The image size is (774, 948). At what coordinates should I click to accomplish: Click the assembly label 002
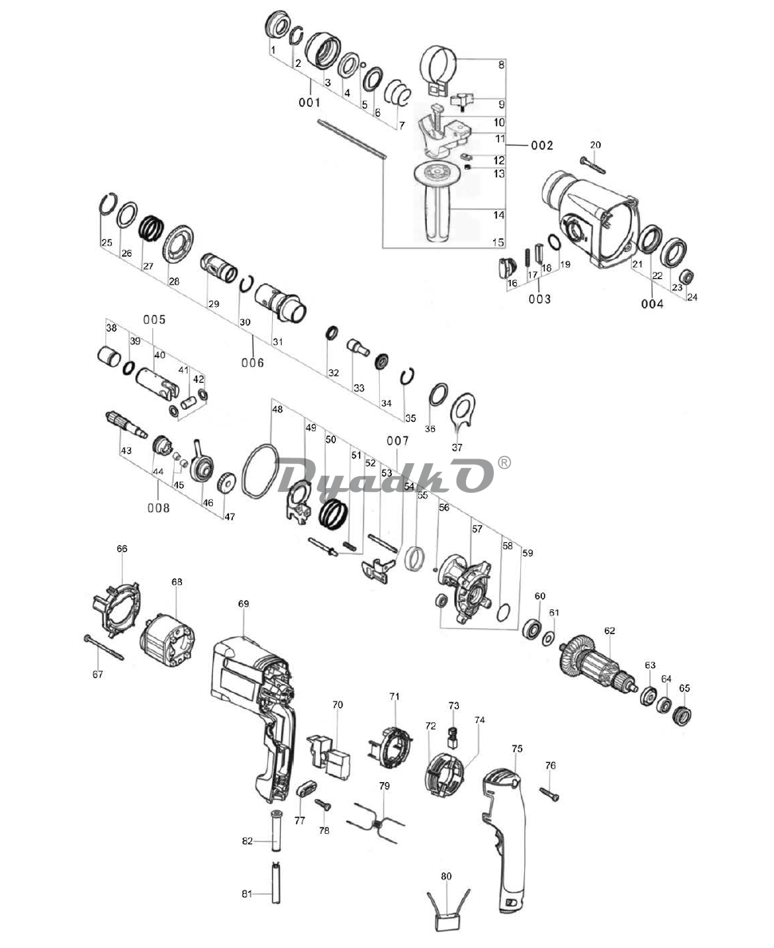[541, 146]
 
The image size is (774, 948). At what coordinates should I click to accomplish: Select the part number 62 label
[610, 631]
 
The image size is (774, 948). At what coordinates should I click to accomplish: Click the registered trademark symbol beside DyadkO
[504, 462]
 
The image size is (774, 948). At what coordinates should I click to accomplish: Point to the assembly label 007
[397, 441]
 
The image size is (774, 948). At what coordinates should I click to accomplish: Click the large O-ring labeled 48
[259, 474]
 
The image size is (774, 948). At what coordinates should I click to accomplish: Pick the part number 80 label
[446, 876]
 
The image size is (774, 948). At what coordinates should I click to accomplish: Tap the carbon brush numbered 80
[448, 920]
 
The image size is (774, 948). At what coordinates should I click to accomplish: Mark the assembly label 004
[651, 304]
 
